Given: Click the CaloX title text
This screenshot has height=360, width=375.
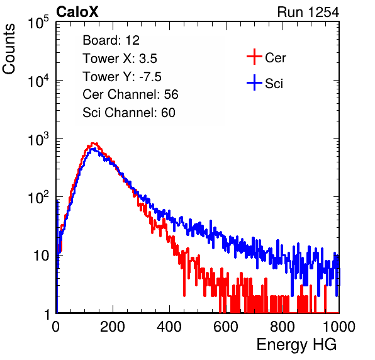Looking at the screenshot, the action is (x=77, y=12).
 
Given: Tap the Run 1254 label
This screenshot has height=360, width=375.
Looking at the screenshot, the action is (x=308, y=12).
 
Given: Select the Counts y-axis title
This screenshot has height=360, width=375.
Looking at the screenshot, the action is (x=9, y=49).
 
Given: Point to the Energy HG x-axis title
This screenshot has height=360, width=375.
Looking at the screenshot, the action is (x=296, y=345).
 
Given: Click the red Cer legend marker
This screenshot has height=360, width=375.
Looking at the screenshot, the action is (x=254, y=57).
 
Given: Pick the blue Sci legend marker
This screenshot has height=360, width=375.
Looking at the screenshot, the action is (x=254, y=82).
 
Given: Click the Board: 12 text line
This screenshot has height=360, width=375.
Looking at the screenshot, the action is (x=111, y=40).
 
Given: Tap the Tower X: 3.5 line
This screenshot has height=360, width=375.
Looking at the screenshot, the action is (x=120, y=59).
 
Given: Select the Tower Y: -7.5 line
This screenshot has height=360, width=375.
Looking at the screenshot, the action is (x=122, y=77).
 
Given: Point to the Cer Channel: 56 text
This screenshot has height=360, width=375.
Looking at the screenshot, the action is (x=130, y=94).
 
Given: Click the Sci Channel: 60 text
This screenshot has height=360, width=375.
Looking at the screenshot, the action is (x=129, y=113).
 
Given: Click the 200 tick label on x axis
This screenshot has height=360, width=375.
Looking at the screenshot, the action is (x=113, y=327).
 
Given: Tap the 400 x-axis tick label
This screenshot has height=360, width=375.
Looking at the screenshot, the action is (x=169, y=327).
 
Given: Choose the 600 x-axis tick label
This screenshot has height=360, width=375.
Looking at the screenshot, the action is (x=226, y=327).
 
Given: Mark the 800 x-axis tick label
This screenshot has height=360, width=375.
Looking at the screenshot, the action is (x=283, y=327).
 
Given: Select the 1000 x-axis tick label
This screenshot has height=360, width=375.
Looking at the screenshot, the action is (x=339, y=327).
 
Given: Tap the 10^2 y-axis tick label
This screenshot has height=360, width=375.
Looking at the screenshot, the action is (x=38, y=197).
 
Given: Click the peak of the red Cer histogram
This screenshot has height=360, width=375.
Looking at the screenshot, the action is (x=94, y=143).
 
